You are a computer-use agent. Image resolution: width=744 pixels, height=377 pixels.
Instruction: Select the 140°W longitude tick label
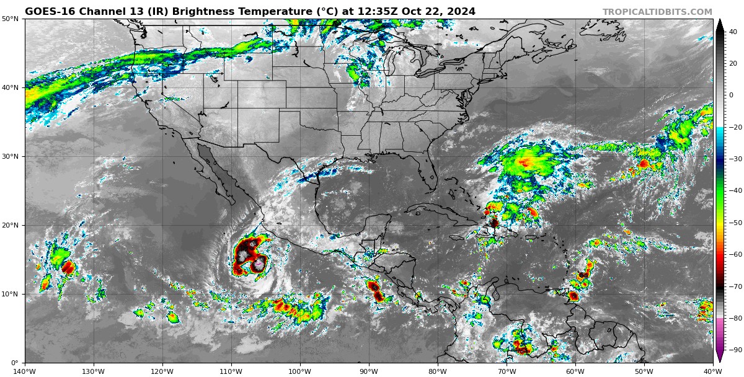tap(25, 371)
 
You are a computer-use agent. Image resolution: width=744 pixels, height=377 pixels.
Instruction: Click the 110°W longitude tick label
tap(231, 371)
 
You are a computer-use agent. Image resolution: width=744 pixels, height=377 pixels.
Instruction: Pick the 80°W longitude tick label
tap(438, 371)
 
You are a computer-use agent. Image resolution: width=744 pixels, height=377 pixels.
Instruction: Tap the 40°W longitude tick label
tap(712, 371)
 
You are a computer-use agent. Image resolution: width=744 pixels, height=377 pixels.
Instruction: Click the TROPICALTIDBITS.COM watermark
tap(657, 12)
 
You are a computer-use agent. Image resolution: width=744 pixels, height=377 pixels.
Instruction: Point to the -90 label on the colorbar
tap(735, 350)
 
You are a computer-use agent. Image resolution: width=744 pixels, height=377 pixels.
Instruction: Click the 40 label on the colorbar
tap(733, 32)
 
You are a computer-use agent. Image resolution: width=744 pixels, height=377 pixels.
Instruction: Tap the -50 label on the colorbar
tap(735, 223)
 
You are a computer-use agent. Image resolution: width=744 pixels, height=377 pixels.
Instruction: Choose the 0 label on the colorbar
tap(731, 95)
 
